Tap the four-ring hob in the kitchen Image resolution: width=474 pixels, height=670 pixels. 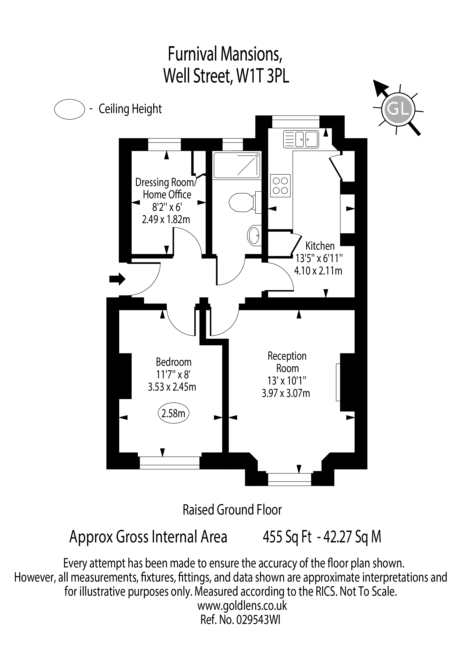[x=280, y=186]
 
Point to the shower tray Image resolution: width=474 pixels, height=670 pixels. [x=237, y=165]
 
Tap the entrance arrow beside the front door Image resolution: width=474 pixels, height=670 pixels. [x=117, y=279]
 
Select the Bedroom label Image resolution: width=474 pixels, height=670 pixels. [x=174, y=362]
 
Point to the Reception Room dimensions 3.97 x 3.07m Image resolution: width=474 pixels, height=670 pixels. [x=286, y=393]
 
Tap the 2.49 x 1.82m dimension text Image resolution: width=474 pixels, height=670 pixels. [x=166, y=219]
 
